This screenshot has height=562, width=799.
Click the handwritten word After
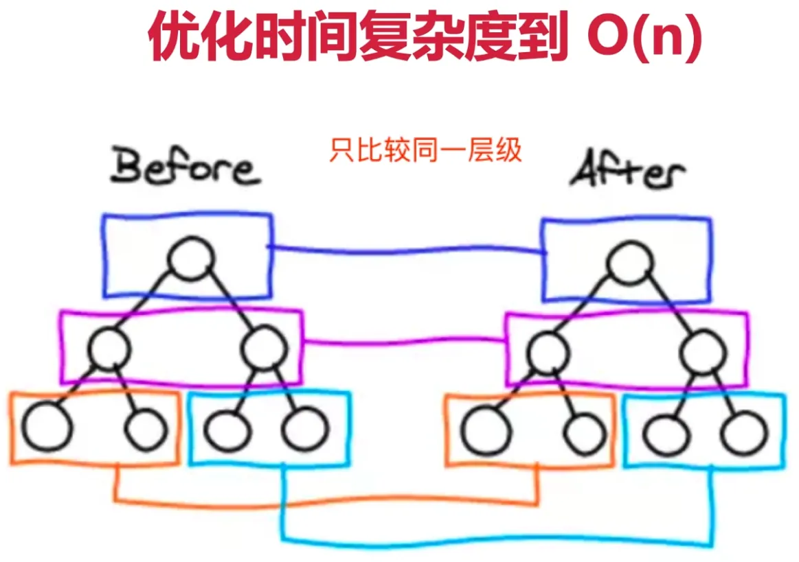(x=628, y=170)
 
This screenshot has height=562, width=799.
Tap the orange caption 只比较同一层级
(x=425, y=150)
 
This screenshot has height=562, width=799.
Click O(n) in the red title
(x=644, y=36)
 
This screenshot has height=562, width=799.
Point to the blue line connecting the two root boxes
(x=407, y=250)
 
